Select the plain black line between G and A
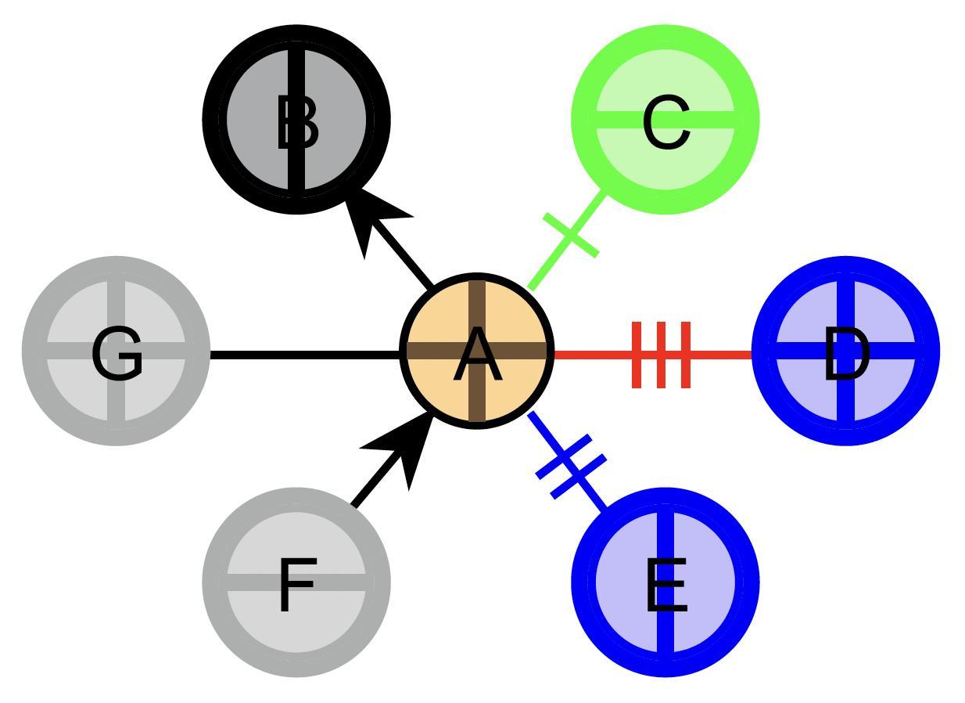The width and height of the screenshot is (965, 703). [x=305, y=355]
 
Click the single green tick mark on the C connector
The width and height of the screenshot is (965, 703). [x=571, y=234]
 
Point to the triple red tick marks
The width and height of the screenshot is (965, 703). [x=662, y=355]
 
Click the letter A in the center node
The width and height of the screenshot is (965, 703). [x=477, y=356]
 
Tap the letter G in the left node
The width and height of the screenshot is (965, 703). [x=117, y=354]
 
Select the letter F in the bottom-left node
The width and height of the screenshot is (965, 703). [x=296, y=585]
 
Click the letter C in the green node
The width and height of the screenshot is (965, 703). [x=666, y=123]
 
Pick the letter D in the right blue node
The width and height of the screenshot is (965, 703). [x=846, y=355]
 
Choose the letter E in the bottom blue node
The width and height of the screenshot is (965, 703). [x=666, y=586]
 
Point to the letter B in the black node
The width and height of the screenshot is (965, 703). [x=297, y=123]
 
